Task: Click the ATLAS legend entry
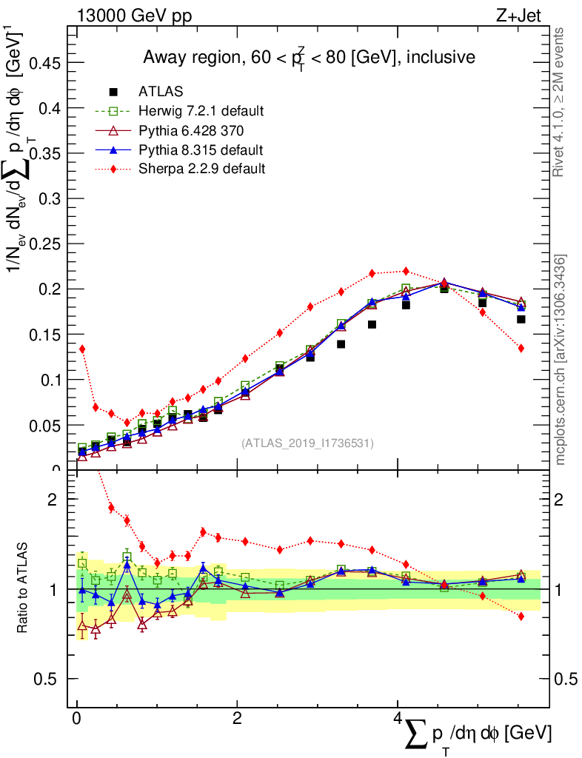tap(161, 92)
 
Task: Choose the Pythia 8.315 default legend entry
tap(201, 150)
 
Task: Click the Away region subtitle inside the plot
tap(309, 58)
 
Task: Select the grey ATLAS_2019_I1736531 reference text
tap(307, 443)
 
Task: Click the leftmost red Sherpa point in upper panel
tap(82, 349)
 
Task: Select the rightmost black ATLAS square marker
tap(521, 319)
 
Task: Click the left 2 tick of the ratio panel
tap(53, 500)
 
